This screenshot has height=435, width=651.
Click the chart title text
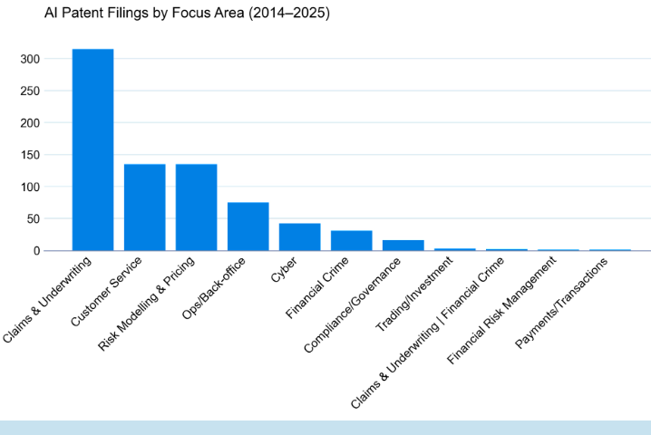tap(174, 14)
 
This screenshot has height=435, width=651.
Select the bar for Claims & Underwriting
tap(92, 150)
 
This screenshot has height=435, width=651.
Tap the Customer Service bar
tap(144, 207)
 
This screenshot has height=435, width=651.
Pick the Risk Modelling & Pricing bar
tap(196, 207)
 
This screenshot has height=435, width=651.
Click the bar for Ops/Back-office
tap(248, 227)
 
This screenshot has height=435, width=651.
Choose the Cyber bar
tap(299, 237)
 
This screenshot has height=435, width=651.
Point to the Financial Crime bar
tap(351, 240)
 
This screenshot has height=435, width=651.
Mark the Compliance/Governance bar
tap(403, 245)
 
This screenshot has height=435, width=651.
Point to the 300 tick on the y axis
tap(30, 59)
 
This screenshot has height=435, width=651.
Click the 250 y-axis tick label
tap(30, 91)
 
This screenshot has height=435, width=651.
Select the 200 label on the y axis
tap(30, 122)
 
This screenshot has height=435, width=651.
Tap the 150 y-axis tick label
tap(30, 155)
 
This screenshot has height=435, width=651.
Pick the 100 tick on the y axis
tap(30, 187)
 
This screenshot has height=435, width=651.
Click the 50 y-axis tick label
tap(34, 218)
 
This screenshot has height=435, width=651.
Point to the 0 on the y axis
tap(37, 250)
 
